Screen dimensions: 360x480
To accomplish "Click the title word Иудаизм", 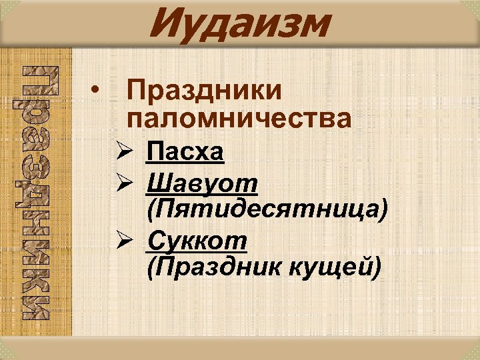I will coord(240,25).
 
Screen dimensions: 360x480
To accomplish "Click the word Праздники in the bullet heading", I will coord(204,91).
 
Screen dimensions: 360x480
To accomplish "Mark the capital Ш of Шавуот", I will coord(158,182).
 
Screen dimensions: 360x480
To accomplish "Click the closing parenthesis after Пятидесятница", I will coord(383,209).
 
